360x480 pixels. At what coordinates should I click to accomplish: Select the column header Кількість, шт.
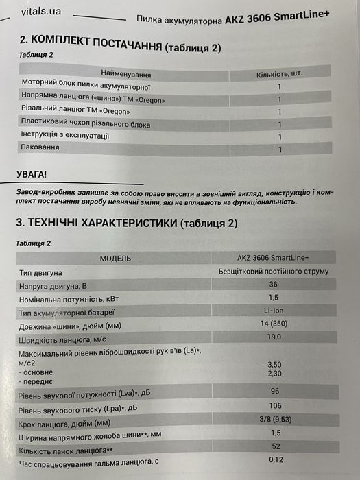pyautogui.click(x=279, y=73)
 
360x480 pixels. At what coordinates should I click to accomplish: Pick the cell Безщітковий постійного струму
pyautogui.click(x=272, y=271)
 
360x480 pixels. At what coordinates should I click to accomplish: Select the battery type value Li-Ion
pyautogui.click(x=274, y=311)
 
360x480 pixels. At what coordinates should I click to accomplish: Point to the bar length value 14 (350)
pyautogui.click(x=274, y=324)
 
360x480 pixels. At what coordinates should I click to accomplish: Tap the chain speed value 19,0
pyautogui.click(x=274, y=337)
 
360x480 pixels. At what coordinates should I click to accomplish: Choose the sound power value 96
pyautogui.click(x=274, y=392)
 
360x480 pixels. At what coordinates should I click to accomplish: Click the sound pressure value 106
pyautogui.click(x=274, y=405)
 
